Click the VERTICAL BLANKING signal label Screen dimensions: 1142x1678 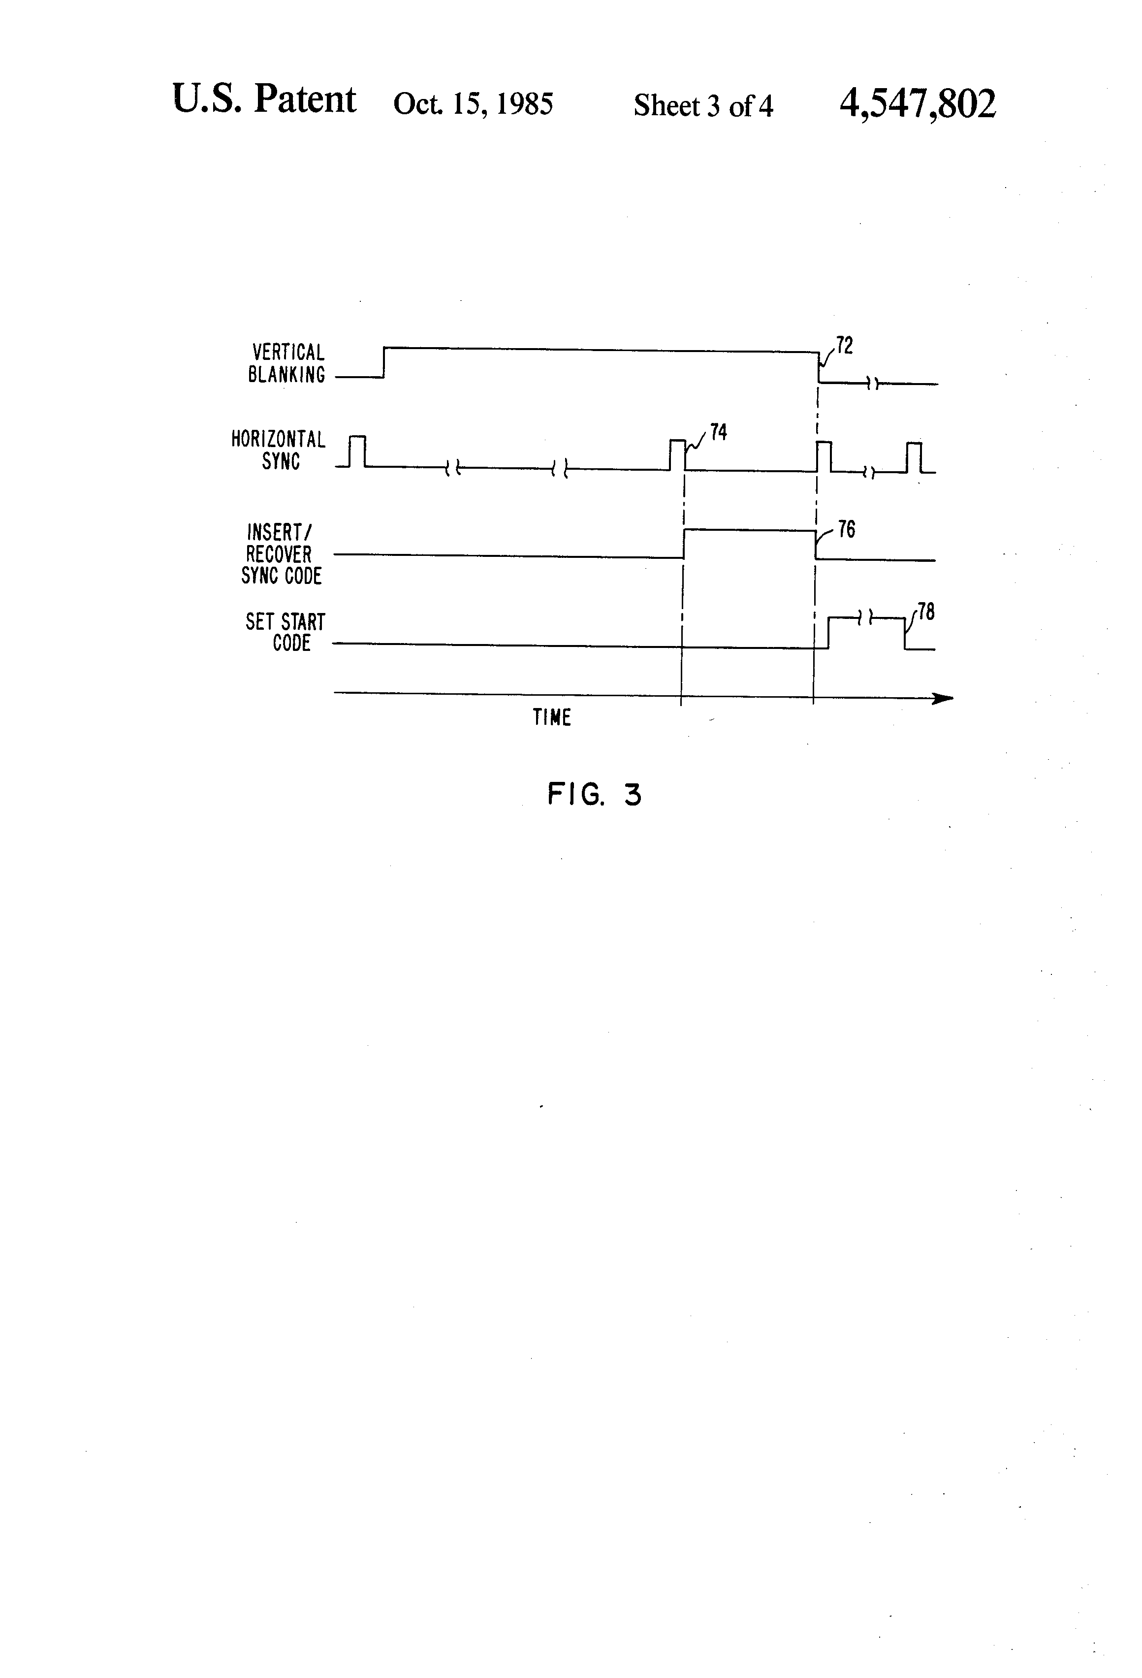pyautogui.click(x=286, y=363)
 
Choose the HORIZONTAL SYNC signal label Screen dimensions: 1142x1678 pyautogui.click(x=279, y=450)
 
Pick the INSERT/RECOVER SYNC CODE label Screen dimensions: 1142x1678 pyautogui.click(x=280, y=554)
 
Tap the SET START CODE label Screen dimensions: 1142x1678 pyautogui.click(x=286, y=633)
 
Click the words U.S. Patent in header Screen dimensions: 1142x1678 pyautogui.click(x=264, y=99)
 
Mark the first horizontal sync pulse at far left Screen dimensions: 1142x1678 pyautogui.click(x=357, y=452)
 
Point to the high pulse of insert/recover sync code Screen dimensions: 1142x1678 pyautogui.click(x=749, y=531)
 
